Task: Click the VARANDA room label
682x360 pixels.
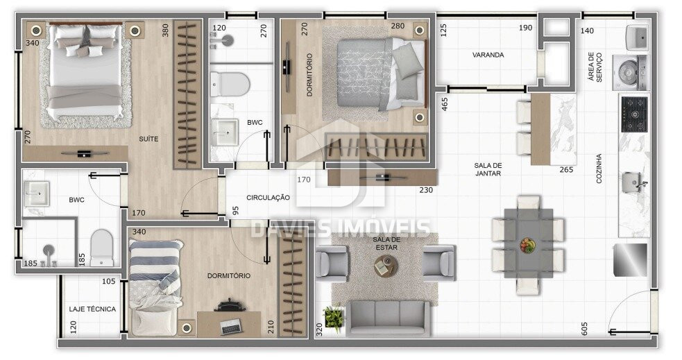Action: tap(488, 55)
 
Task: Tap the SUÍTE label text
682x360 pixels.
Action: tap(148, 139)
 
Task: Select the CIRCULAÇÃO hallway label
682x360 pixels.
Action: tap(268, 198)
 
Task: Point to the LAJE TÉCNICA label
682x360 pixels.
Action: tap(92, 309)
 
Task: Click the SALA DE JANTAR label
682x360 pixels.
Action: tap(488, 169)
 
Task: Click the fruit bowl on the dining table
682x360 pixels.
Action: tap(527, 245)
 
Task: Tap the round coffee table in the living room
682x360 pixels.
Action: tap(386, 265)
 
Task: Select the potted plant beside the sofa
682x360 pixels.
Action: tap(334, 318)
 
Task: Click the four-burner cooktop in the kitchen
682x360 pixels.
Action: tap(634, 114)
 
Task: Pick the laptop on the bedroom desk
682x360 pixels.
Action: tap(230, 327)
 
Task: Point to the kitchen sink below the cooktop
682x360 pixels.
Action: tap(633, 182)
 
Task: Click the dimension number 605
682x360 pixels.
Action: tap(584, 328)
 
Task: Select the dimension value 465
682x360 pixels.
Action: tap(445, 104)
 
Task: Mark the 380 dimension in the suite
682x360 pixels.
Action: tap(165, 30)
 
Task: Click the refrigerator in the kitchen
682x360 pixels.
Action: tap(630, 259)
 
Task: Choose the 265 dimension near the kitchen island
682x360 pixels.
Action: tap(566, 170)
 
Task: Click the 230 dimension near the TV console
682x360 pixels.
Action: tap(426, 190)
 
